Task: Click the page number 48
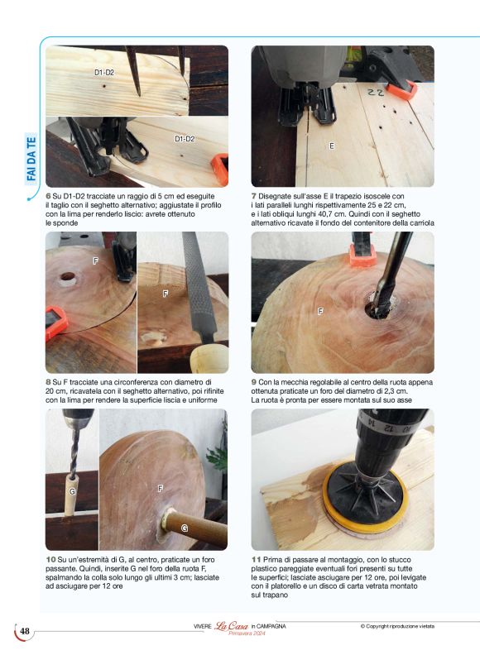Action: (x=25, y=631)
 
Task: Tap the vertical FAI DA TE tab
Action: (x=31, y=159)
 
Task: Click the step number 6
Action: (x=48, y=196)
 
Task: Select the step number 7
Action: (x=254, y=196)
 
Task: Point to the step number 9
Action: (x=254, y=382)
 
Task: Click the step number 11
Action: (x=256, y=560)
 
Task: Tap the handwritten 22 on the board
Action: (x=376, y=93)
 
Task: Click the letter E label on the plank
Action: (x=332, y=146)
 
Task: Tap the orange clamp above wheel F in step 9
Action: (x=364, y=256)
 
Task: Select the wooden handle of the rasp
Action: (x=209, y=358)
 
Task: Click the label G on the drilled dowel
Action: (x=72, y=492)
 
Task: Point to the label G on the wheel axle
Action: (x=185, y=528)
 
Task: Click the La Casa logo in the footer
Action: (x=231, y=626)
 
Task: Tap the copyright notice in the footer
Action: (x=397, y=626)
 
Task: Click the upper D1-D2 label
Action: (x=104, y=72)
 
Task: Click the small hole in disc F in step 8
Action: (x=67, y=277)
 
